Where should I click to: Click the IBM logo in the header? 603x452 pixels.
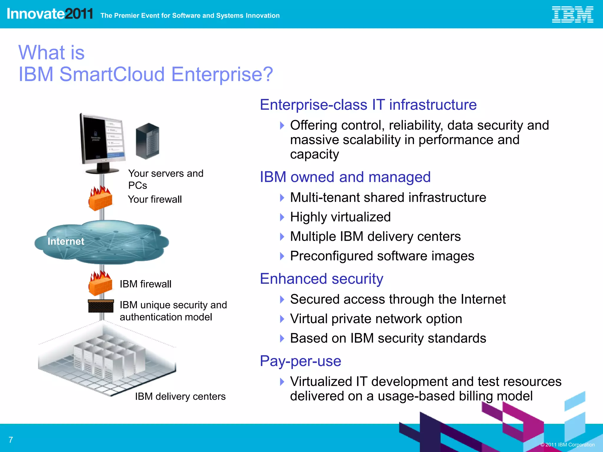[x=572, y=14]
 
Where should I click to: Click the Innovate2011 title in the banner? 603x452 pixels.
[x=50, y=14]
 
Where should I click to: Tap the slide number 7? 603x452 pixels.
[x=11, y=440]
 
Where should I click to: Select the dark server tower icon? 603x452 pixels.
[x=148, y=141]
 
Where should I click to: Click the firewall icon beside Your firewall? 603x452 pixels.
[x=100, y=199]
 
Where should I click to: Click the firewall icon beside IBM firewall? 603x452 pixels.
[x=100, y=284]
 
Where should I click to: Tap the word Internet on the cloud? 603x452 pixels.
[x=66, y=241]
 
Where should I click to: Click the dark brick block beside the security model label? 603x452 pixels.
[x=101, y=306]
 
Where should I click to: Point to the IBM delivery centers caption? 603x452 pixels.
[x=180, y=396]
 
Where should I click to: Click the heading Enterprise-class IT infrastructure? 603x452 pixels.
[x=368, y=105]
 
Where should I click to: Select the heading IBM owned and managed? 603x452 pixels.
[x=345, y=177]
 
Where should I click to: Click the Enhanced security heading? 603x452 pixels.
[x=322, y=279]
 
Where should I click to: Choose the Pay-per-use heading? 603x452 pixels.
[x=300, y=361]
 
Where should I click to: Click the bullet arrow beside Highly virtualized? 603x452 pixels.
[x=282, y=217]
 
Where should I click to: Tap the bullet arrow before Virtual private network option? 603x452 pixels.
[x=282, y=319]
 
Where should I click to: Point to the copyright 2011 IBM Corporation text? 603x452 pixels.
[x=567, y=445]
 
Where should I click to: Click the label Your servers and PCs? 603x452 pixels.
[x=165, y=179]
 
